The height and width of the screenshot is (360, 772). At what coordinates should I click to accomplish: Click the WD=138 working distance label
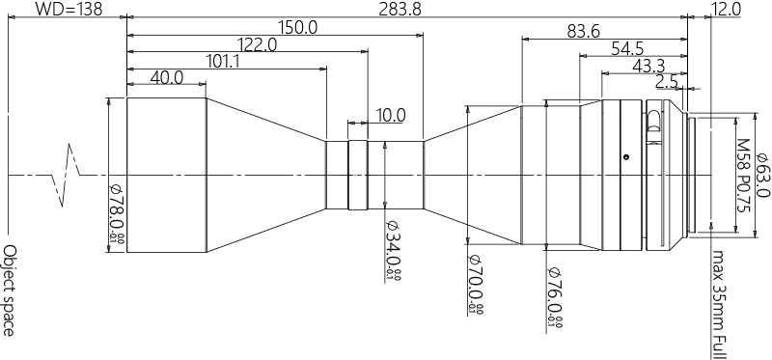click(x=64, y=10)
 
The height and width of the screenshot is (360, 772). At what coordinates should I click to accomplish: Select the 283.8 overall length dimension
click(x=409, y=10)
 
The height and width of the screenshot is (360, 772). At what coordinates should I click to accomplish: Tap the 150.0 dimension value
click(x=296, y=28)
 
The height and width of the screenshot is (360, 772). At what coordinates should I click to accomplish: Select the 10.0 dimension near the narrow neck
click(x=389, y=115)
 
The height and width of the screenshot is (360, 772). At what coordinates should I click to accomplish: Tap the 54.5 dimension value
click(x=626, y=48)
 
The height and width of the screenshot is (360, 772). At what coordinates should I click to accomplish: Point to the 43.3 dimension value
click(x=648, y=66)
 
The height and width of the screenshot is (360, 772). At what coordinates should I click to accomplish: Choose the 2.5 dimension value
click(x=666, y=82)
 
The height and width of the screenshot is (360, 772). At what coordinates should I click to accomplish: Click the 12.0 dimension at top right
click(x=724, y=10)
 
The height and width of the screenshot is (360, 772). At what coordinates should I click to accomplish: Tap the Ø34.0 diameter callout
click(x=392, y=252)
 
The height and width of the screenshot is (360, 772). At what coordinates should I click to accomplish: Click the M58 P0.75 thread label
click(x=742, y=175)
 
